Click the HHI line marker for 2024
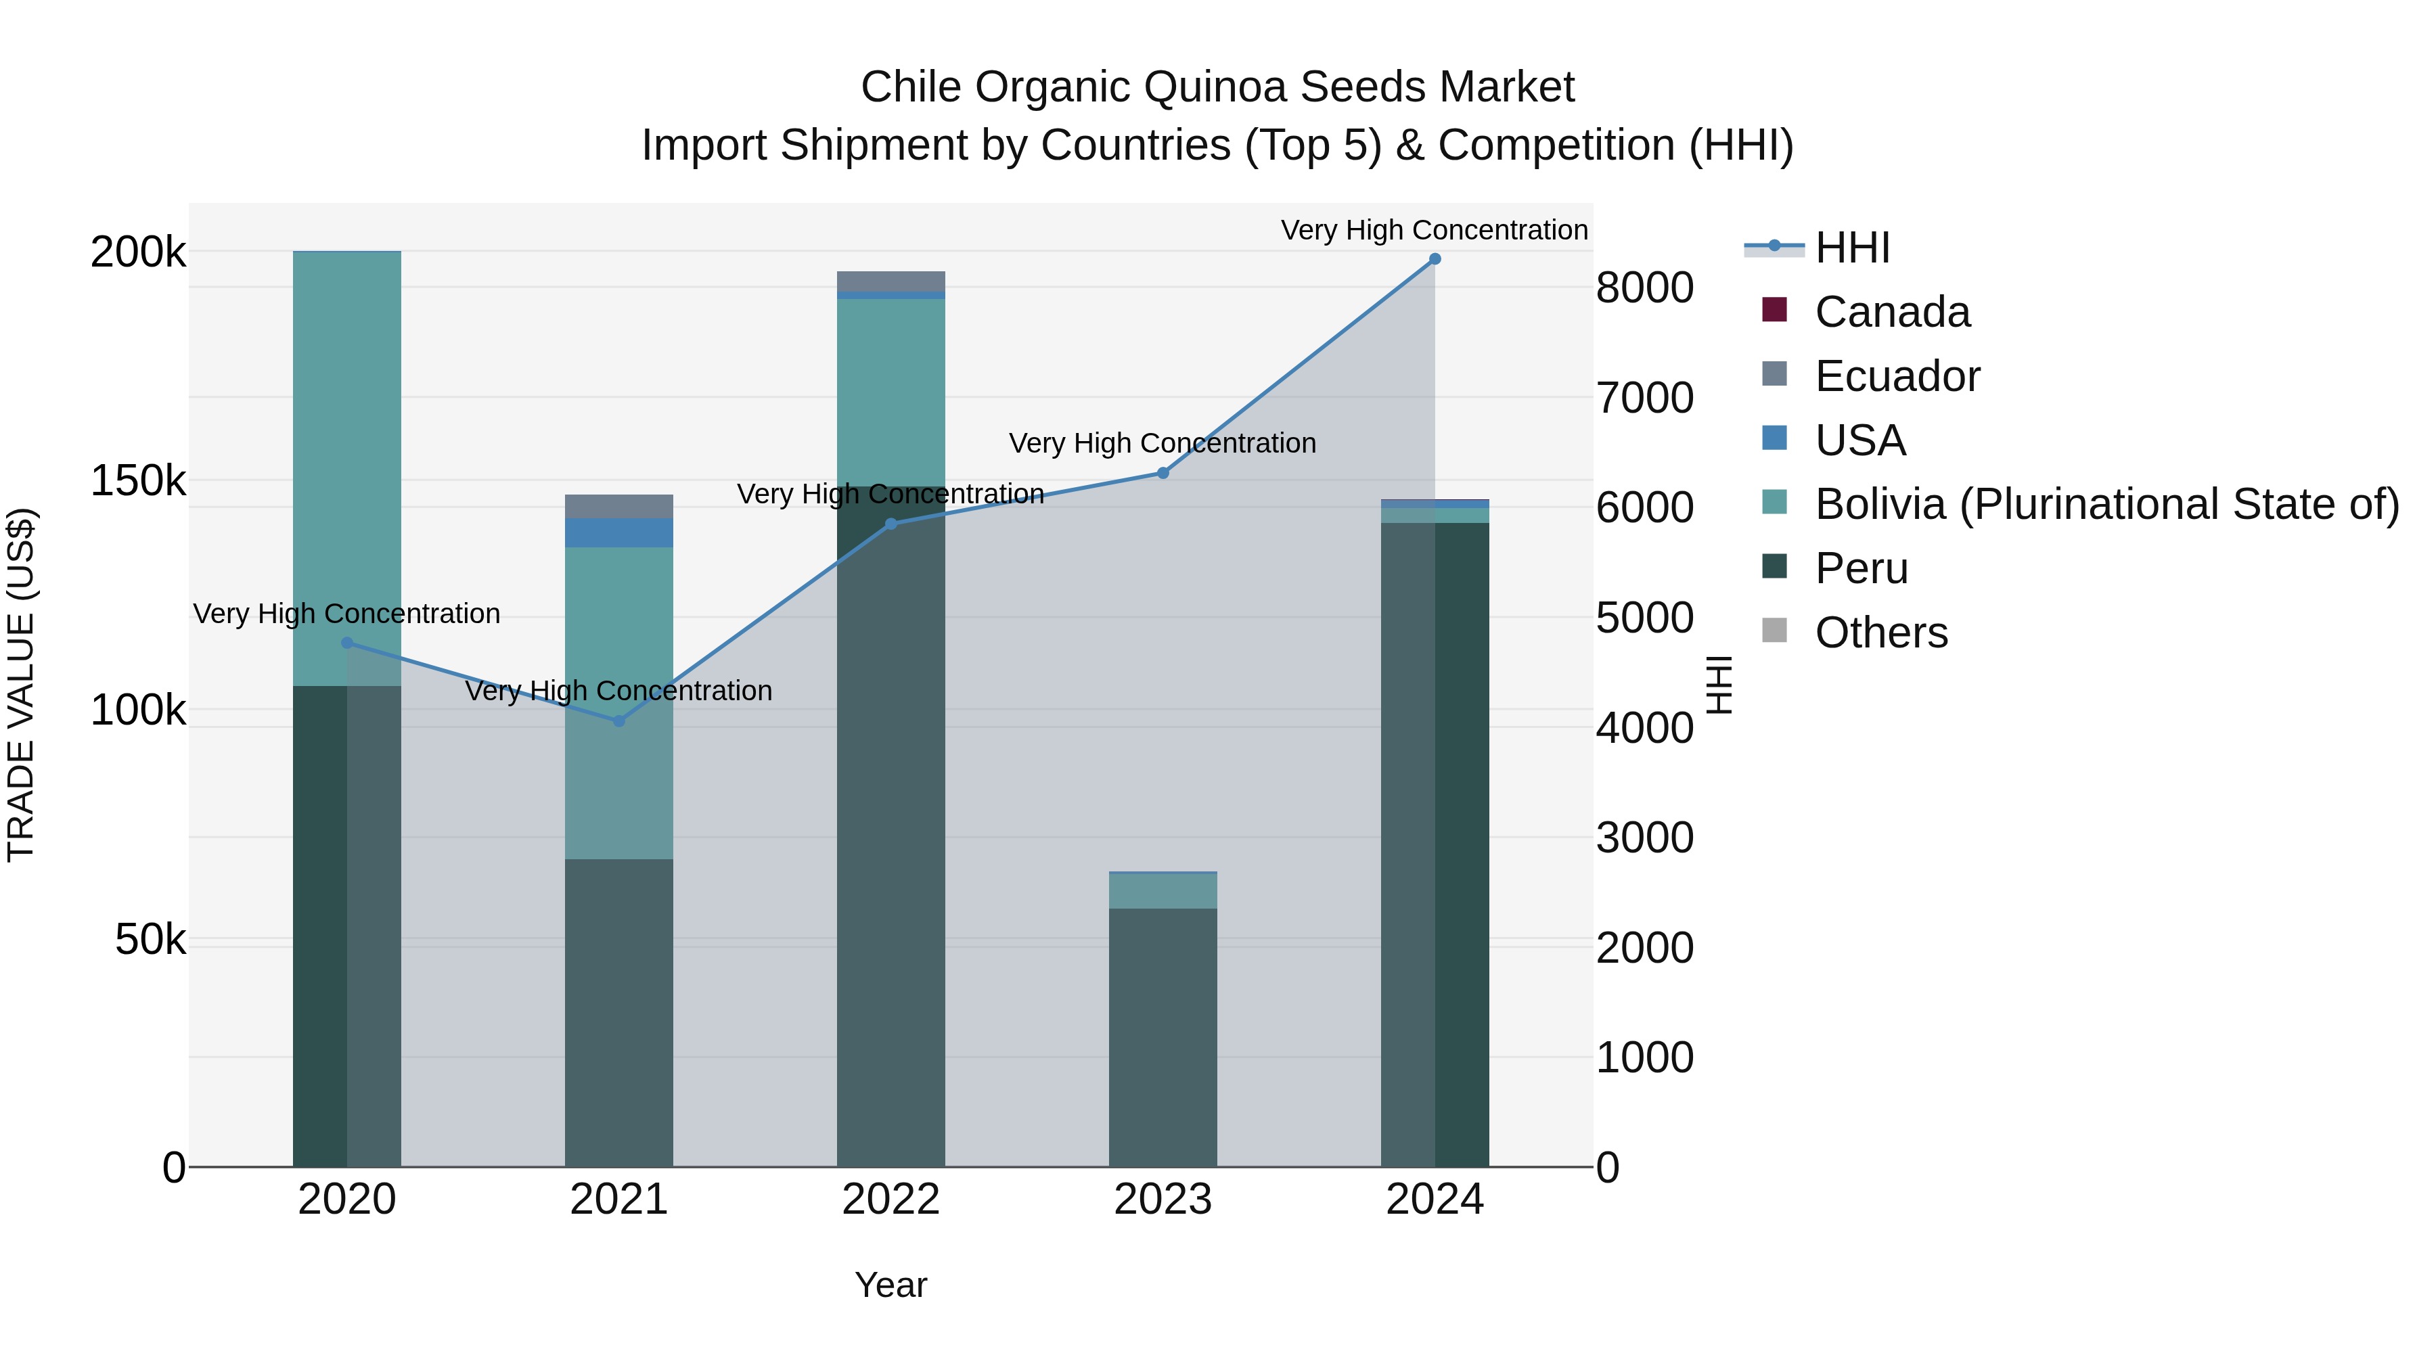[1435, 259]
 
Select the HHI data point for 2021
[619, 721]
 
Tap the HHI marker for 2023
[1163, 473]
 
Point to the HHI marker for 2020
[347, 643]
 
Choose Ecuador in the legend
[1896, 376]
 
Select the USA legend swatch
[1775, 438]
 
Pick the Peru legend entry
[1861, 568]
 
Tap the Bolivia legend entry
[2106, 504]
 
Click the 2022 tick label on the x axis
[890, 1200]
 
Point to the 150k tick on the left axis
[138, 481]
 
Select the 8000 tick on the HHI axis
[1644, 288]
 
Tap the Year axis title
[890, 1285]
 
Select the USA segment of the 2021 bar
[619, 532]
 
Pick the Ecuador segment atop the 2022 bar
[890, 281]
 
